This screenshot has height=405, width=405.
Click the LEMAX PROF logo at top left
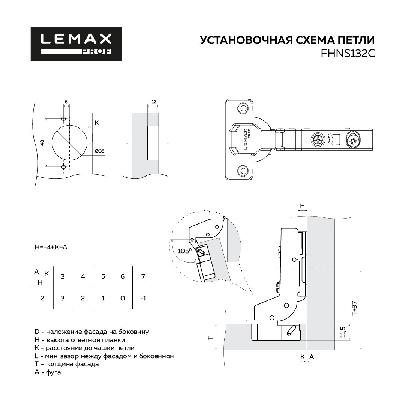(x=76, y=43)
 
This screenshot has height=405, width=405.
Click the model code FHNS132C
(x=348, y=54)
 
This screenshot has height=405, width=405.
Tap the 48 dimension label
(x=42, y=142)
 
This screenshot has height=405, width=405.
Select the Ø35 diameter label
(x=99, y=151)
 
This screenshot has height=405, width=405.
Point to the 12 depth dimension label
(x=154, y=102)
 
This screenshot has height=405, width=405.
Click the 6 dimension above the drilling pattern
(x=66, y=102)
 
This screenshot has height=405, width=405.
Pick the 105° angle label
(x=184, y=250)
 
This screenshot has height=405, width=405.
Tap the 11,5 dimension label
(x=343, y=332)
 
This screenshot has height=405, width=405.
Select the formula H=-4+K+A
(x=51, y=247)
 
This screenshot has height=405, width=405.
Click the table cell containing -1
(x=143, y=298)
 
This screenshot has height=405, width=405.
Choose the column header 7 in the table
(x=143, y=276)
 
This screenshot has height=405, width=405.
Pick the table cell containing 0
(x=123, y=298)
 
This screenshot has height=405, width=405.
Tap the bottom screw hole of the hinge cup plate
(x=243, y=171)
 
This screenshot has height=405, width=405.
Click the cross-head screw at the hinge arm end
(x=352, y=141)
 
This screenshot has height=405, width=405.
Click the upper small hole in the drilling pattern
(x=63, y=118)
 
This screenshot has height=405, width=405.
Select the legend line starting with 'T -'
(x=67, y=364)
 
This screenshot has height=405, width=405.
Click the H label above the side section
(x=303, y=206)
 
